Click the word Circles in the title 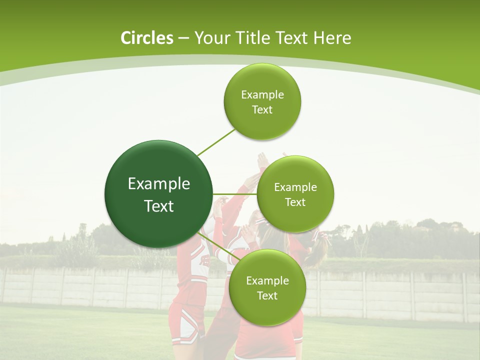146,38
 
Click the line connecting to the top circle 216,141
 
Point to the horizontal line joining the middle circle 235,194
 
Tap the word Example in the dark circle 159,184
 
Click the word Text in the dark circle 159,206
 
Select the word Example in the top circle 262,95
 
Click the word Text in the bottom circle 267,296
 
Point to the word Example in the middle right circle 295,187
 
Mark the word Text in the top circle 262,110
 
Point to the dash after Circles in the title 183,38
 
